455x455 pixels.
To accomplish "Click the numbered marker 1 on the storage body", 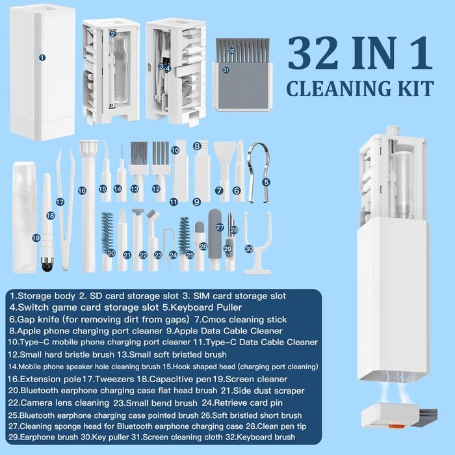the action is point(42,57).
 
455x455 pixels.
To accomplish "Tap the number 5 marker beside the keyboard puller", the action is point(266,182).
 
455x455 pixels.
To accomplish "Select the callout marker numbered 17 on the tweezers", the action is point(60,202).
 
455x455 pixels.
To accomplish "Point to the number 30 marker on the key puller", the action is point(249,249).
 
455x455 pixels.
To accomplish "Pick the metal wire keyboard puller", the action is point(258,172).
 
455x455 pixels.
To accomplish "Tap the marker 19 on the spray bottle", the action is point(36,239).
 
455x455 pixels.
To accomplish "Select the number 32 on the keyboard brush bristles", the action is point(231,51).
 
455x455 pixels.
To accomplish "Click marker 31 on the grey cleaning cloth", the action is point(226,70).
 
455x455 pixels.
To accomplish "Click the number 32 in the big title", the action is point(314,54).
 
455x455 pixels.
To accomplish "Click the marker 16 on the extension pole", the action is point(82,190).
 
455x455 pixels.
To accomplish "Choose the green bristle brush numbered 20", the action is point(107,242).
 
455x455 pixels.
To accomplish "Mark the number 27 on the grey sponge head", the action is point(220,227).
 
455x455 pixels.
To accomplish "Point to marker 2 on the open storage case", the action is point(113,34).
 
